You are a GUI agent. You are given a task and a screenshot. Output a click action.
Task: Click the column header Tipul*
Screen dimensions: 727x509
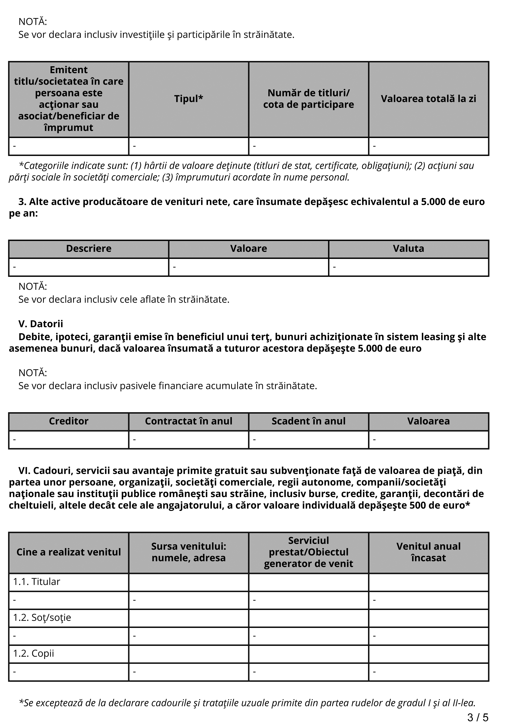pyautogui.click(x=188, y=99)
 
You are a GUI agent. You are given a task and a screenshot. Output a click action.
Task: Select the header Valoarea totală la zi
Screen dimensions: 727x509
pyautogui.click(x=428, y=99)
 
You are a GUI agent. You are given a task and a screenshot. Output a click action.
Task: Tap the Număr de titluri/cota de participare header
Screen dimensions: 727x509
pyautogui.click(x=308, y=99)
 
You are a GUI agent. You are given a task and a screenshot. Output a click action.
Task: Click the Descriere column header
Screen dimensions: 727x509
pyautogui.click(x=89, y=248)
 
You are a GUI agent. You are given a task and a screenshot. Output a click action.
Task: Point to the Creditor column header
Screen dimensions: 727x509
pyautogui.click(x=68, y=421)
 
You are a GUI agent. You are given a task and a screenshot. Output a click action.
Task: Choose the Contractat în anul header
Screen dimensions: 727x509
pyautogui.click(x=188, y=421)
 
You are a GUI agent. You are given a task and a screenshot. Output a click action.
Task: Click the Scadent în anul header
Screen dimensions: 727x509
pyautogui.click(x=308, y=421)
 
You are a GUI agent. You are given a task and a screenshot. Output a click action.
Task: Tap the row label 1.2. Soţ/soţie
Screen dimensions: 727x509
pyautogui.click(x=42, y=617)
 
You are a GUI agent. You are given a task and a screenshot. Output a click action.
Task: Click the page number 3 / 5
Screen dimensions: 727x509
pyautogui.click(x=478, y=717)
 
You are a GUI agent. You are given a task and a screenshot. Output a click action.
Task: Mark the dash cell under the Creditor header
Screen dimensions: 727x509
pyautogui.click(x=68, y=440)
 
